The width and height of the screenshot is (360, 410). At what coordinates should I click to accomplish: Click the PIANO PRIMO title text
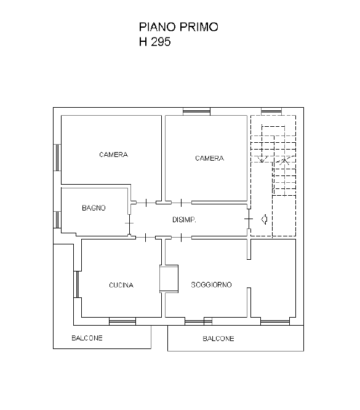(x=178, y=27)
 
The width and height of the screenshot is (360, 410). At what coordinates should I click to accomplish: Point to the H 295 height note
(x=155, y=42)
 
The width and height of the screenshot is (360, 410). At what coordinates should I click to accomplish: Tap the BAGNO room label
(x=94, y=208)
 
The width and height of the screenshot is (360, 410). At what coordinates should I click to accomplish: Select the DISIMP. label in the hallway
(x=184, y=220)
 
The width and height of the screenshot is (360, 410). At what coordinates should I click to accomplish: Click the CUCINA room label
(x=121, y=285)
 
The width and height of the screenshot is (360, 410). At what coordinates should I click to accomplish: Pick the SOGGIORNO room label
(x=211, y=285)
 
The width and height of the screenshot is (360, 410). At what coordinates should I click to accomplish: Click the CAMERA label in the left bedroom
(x=113, y=155)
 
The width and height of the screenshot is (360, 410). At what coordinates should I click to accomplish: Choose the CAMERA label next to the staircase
(x=209, y=158)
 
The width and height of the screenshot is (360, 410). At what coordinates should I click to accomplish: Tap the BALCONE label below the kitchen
(x=87, y=338)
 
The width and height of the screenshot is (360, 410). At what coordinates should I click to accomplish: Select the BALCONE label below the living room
(x=218, y=339)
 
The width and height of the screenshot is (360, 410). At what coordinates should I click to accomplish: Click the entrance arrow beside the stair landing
(x=265, y=219)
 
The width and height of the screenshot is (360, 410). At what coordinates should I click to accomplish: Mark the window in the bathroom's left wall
(x=57, y=219)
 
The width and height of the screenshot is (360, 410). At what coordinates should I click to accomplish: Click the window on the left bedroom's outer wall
(x=57, y=158)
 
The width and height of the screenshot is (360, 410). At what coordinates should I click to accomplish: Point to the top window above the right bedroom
(x=196, y=111)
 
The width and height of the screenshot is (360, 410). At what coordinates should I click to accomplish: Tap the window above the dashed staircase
(x=271, y=111)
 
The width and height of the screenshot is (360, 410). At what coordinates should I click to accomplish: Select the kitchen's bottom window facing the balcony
(x=122, y=321)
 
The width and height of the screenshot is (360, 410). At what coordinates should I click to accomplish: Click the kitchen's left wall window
(x=76, y=284)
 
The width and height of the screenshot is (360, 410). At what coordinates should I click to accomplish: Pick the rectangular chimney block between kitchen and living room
(x=169, y=279)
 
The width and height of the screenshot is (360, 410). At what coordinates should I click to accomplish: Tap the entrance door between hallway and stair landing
(x=249, y=219)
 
